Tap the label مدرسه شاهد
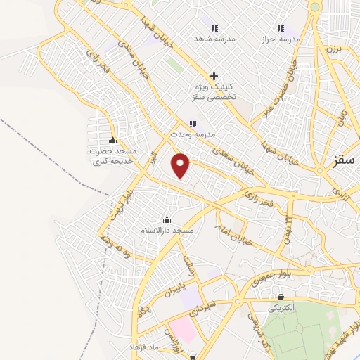click(214, 39)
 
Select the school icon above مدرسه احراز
click(281, 29)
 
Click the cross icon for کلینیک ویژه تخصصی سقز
click(214, 76)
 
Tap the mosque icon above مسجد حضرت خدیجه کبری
click(112, 140)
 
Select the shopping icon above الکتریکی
click(281, 297)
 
